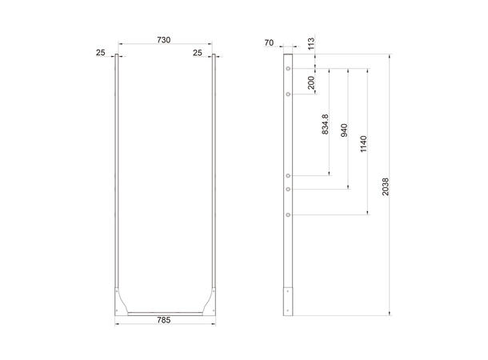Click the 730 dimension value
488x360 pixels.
pyautogui.click(x=166, y=39)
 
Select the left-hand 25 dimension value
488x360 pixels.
pyautogui.click(x=100, y=52)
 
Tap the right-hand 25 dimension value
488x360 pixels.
pyautogui.click(x=197, y=52)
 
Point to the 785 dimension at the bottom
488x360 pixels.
pyautogui.click(x=166, y=318)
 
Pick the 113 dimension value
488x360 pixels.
pyautogui.click(x=311, y=43)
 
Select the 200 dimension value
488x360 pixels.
pyautogui.click(x=311, y=82)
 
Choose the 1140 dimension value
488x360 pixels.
pyautogui.click(x=364, y=144)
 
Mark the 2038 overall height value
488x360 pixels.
pyautogui.click(x=386, y=186)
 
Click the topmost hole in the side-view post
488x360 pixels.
pyautogui.click(x=288, y=70)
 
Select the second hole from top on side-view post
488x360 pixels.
pyautogui.click(x=288, y=94)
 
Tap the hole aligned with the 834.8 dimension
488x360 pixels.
pyautogui.click(x=288, y=175)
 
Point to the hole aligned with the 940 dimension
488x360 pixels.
pyautogui.click(x=288, y=189)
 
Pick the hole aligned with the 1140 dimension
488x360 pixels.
pyautogui.click(x=288, y=214)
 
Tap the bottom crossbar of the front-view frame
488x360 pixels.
pyautogui.click(x=166, y=312)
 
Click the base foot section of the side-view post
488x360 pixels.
pyautogui.click(x=288, y=300)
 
